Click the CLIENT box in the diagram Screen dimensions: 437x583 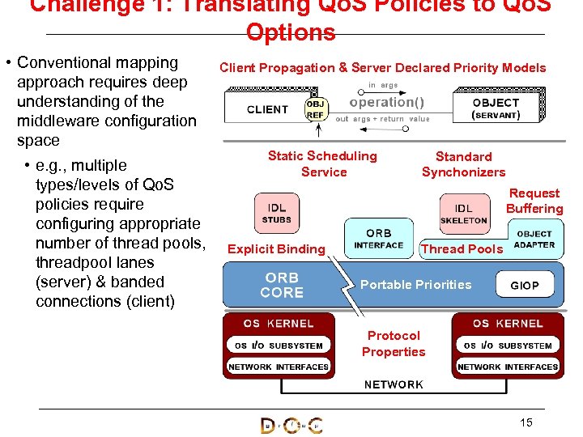[x=266, y=109]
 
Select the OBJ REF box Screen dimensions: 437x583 [x=316, y=110]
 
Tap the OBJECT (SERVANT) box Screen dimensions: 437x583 [x=495, y=109]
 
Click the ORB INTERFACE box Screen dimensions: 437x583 [x=378, y=239]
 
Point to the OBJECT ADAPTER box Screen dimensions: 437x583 [x=534, y=240]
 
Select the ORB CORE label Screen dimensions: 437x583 [x=282, y=285]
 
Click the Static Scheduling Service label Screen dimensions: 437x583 [x=323, y=163]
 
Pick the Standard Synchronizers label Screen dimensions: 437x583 [x=463, y=164]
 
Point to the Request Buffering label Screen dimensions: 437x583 [x=534, y=201]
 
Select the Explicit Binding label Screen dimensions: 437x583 [x=276, y=249]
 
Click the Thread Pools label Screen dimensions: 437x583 [x=462, y=249]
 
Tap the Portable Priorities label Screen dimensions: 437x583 [x=415, y=285]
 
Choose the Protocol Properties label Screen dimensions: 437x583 [x=394, y=343]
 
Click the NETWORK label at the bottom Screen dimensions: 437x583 [x=394, y=384]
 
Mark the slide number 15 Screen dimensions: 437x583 [x=526, y=422]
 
